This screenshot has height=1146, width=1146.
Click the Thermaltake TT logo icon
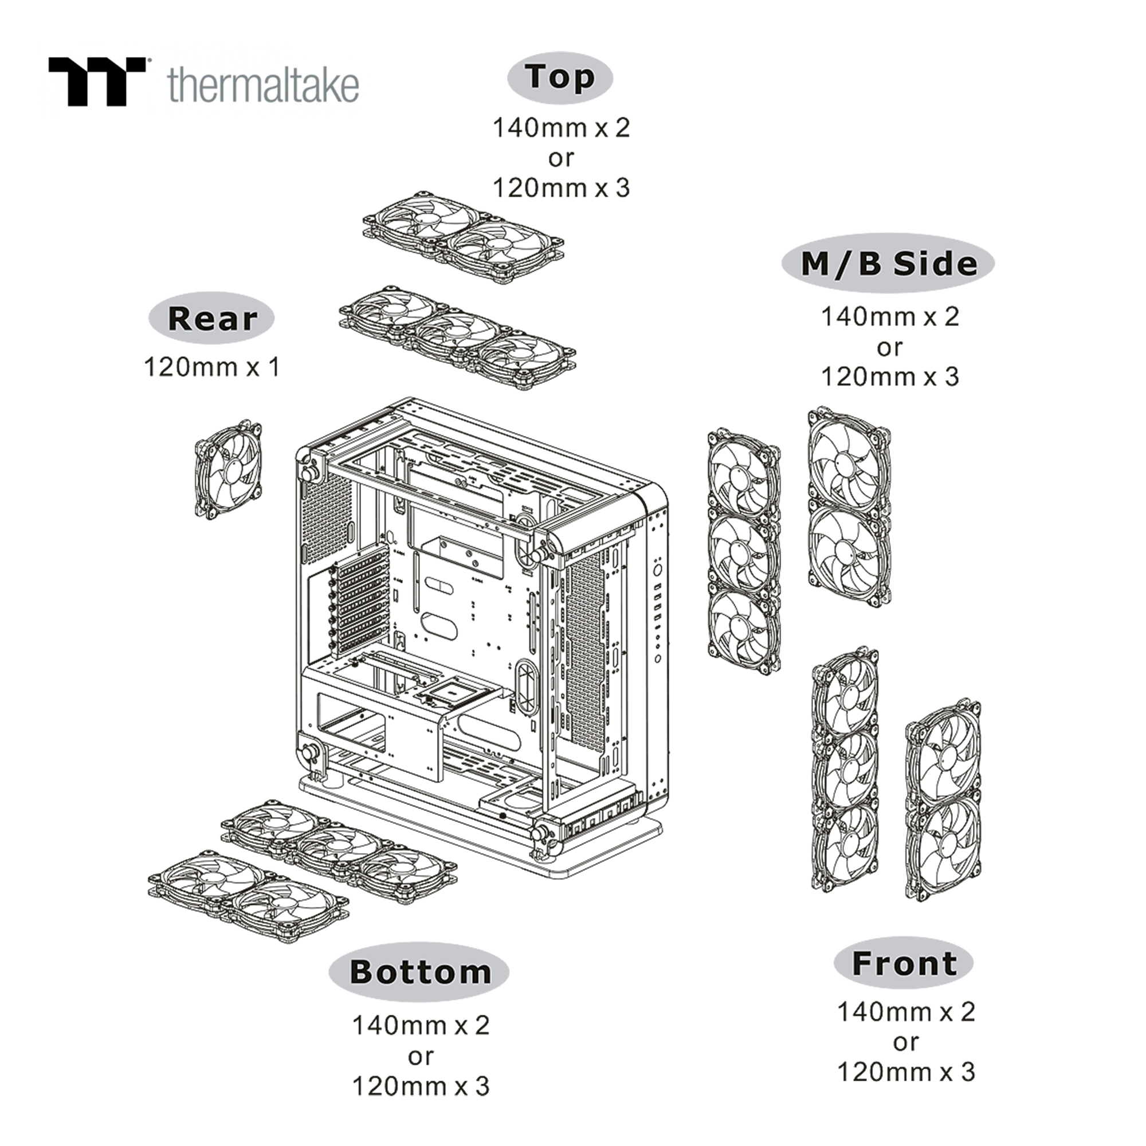tap(97, 82)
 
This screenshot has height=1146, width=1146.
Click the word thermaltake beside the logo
tap(264, 85)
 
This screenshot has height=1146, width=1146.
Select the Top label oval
tap(560, 78)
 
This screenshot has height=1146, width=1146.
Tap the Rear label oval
tap(212, 319)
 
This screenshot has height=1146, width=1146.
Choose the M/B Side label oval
tap(888, 264)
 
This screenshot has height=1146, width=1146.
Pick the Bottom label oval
tap(419, 972)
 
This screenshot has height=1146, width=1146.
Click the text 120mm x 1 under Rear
tap(212, 368)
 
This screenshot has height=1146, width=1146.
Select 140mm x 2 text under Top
tap(561, 128)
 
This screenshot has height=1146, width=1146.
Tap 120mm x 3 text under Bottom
tap(421, 1086)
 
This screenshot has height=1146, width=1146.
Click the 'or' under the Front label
tap(905, 1042)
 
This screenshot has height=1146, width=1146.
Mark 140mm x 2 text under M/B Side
tap(890, 317)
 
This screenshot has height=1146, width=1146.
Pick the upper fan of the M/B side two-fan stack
tap(849, 460)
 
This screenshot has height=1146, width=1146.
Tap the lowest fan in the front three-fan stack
tap(845, 845)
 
